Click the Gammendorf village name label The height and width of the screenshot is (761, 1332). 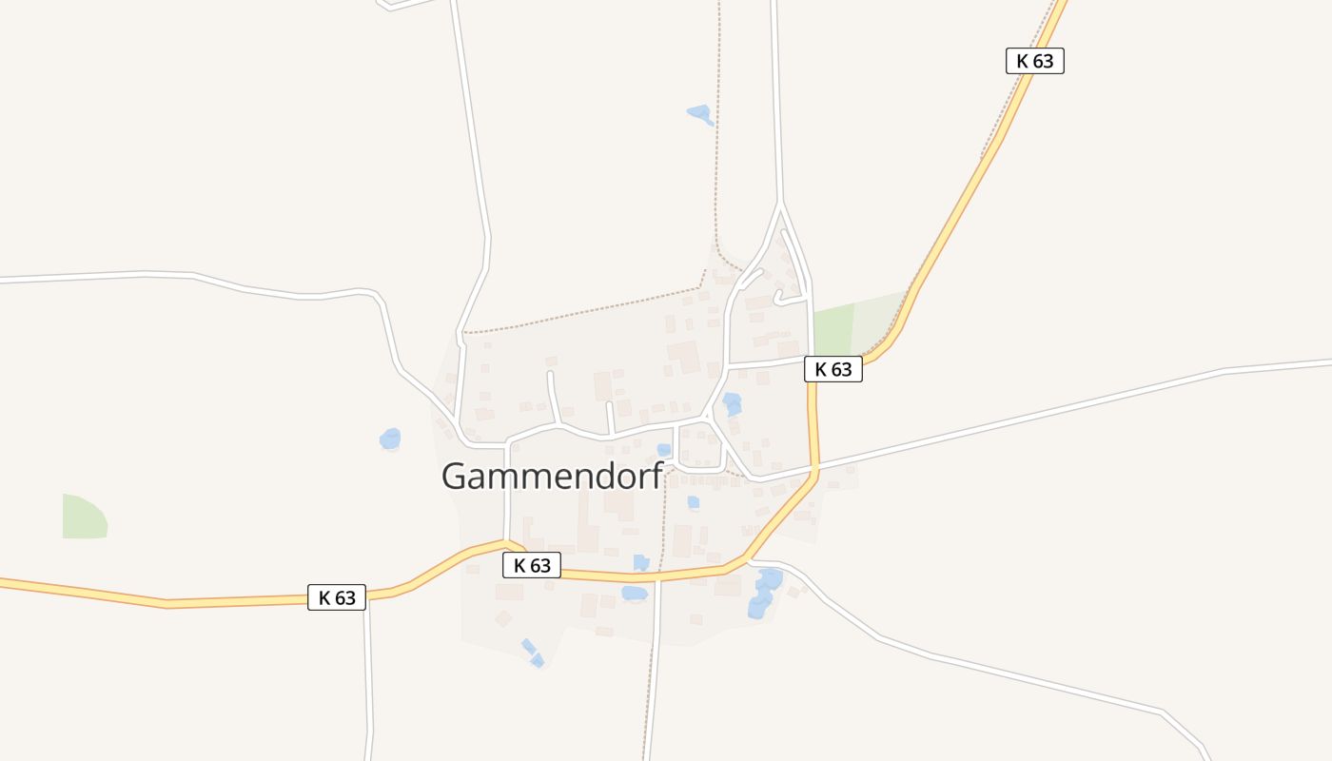coord(552,476)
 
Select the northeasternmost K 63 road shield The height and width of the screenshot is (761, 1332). coord(1034,61)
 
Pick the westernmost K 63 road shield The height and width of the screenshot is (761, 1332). coord(337,597)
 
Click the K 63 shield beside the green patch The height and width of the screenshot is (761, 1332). coord(833,369)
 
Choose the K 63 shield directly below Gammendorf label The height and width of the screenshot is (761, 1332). coord(532,565)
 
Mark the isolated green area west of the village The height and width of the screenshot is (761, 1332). coord(84,517)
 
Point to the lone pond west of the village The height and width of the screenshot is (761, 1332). coord(390,439)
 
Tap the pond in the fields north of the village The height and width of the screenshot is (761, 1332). coord(700,114)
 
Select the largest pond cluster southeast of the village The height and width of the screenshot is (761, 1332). coord(764,592)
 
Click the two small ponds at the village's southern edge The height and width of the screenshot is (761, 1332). coord(532,654)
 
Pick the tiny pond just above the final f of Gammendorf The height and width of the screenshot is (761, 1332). coord(664,450)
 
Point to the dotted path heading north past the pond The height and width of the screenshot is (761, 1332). coord(716,143)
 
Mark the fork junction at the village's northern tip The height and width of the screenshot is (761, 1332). coord(780,204)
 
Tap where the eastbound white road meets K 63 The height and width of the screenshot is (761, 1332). coord(814,469)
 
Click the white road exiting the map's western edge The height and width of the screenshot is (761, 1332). coord(57,278)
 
